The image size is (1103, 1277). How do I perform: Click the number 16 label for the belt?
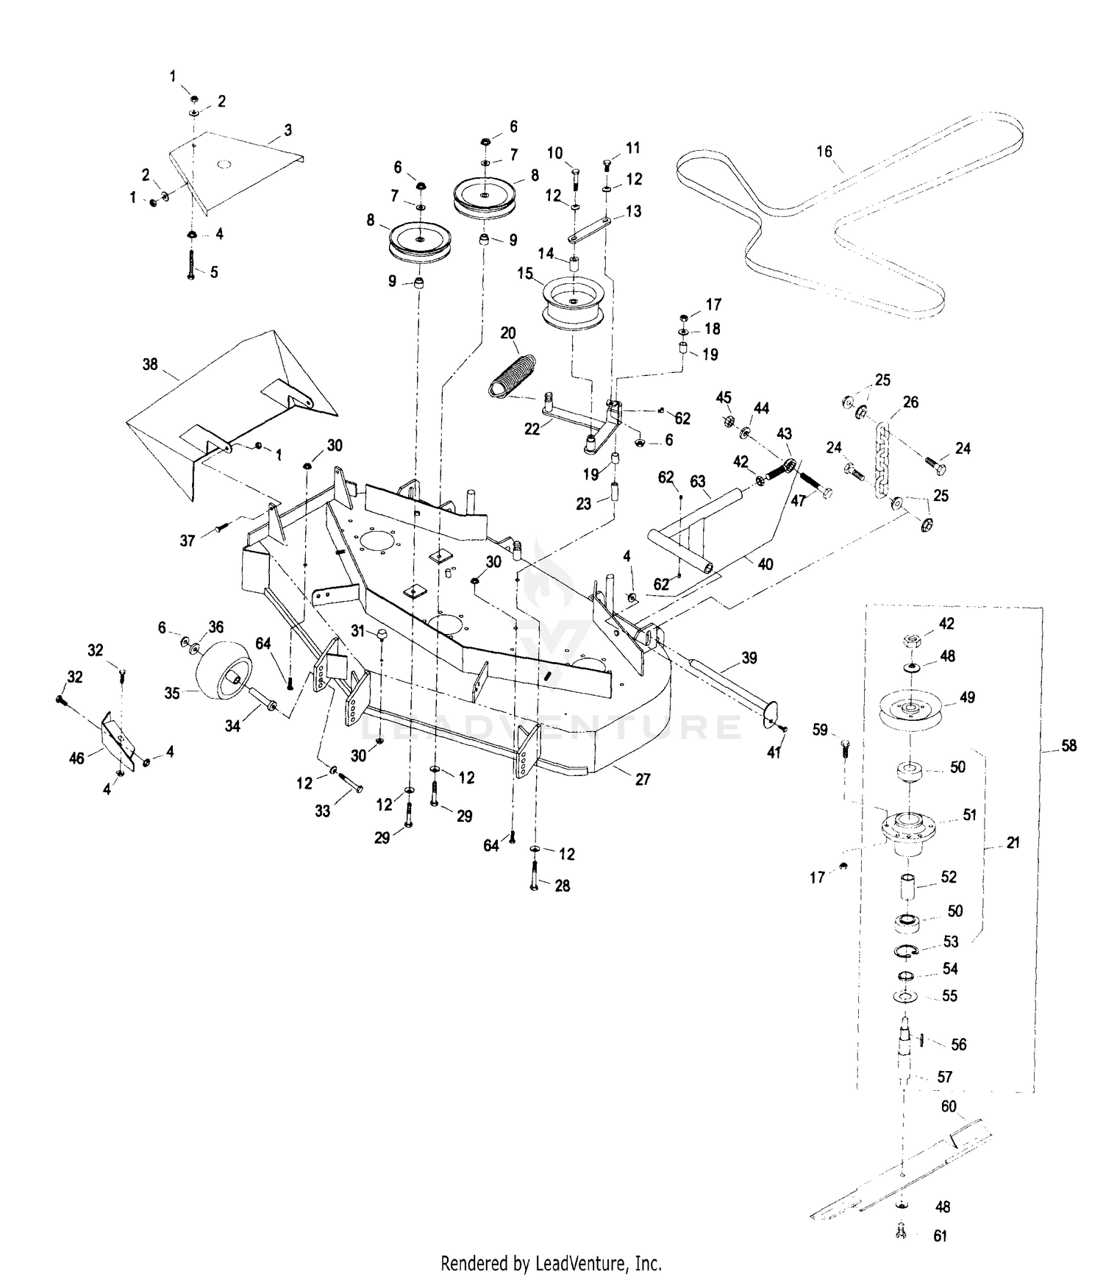(x=824, y=152)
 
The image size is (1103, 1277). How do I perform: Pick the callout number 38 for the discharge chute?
(x=150, y=364)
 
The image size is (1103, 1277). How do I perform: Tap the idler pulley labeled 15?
(x=573, y=303)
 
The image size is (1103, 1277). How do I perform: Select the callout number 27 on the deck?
(x=643, y=779)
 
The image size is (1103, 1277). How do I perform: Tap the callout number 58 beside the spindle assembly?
(x=1069, y=746)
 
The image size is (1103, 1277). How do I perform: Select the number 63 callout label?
(x=697, y=482)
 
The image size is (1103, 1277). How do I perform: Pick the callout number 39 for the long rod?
(x=749, y=658)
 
